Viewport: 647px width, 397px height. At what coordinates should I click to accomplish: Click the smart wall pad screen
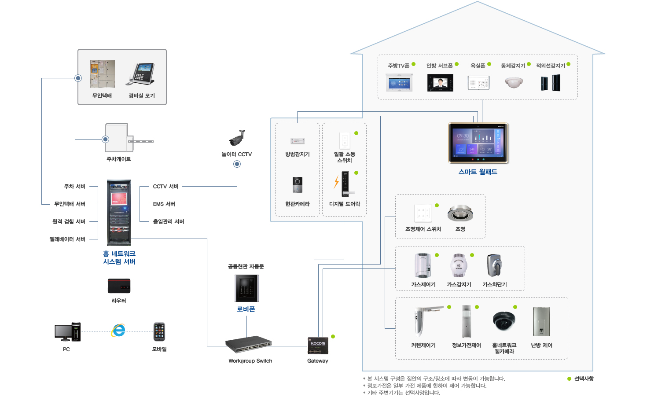point(478,143)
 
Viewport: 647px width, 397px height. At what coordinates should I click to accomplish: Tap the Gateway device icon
point(318,346)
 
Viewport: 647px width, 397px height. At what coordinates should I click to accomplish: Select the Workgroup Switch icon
point(248,345)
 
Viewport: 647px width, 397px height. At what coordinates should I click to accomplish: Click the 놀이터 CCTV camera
point(237,138)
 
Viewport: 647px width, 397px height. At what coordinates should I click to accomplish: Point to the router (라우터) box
point(119,286)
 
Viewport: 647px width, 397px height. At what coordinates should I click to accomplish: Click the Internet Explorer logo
point(118,330)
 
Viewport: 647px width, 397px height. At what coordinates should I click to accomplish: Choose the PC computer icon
point(67,332)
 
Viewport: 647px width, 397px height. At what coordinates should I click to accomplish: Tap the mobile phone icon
point(159,332)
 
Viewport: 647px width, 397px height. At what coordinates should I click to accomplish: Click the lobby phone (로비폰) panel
point(246,288)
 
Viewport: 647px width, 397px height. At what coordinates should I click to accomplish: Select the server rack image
point(119,213)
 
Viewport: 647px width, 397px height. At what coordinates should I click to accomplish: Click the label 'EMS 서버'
point(164,204)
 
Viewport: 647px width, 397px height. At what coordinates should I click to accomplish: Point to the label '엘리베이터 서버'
point(67,239)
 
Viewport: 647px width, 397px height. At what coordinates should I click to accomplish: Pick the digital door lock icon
point(346,184)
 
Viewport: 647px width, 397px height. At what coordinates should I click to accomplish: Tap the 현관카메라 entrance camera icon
point(298,185)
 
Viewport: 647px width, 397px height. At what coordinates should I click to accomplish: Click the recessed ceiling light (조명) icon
point(460,213)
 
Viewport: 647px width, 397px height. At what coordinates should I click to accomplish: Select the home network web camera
point(504,321)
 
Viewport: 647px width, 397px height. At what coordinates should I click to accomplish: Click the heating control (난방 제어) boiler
point(541,322)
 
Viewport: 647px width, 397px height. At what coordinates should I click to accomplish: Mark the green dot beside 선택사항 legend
point(569,379)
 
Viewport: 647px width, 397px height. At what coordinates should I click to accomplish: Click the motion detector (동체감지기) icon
point(514,82)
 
